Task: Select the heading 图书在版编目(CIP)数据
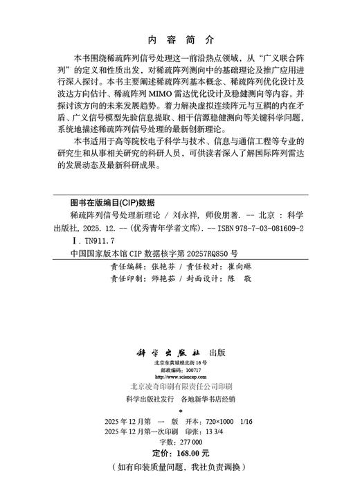click(x=107, y=204)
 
